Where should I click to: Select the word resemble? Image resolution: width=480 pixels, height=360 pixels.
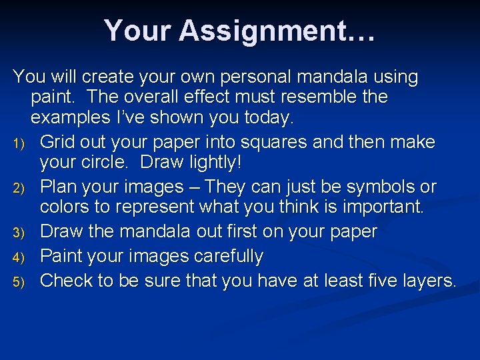click(311, 97)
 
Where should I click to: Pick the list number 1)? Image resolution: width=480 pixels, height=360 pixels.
click(20, 143)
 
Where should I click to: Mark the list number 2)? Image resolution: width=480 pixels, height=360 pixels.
click(20, 188)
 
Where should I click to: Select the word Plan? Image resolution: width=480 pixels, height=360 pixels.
click(59, 187)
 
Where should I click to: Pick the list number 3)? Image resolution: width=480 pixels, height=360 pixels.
click(20, 233)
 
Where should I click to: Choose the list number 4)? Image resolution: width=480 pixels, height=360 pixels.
click(20, 257)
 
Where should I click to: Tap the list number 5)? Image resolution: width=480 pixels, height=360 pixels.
click(20, 282)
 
